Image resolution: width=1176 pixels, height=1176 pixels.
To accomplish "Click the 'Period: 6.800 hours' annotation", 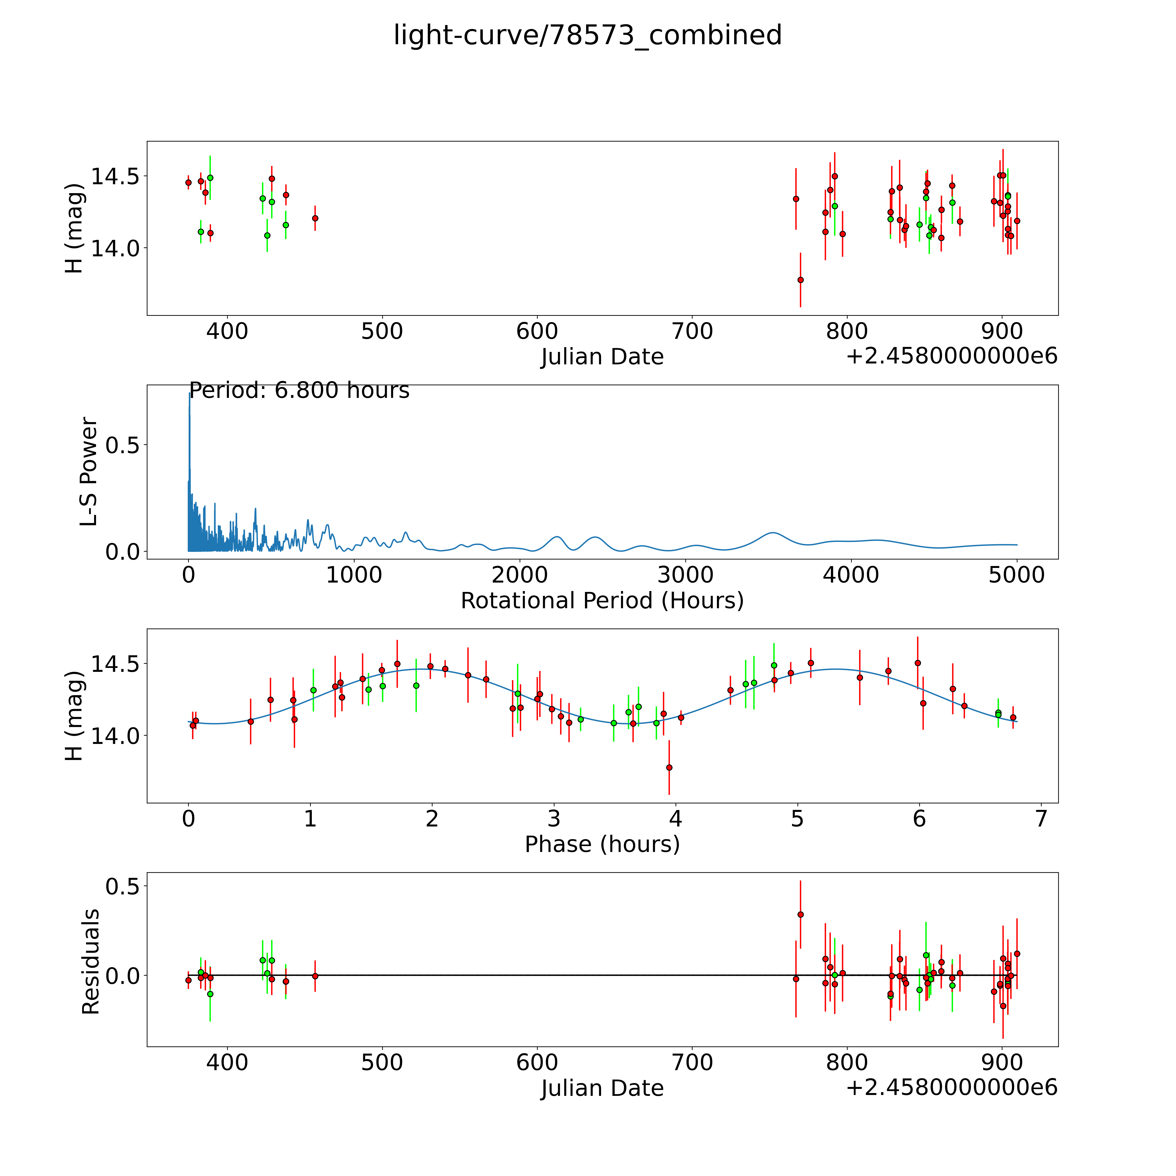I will click(x=299, y=390).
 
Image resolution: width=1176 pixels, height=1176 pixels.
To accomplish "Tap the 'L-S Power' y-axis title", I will click(x=89, y=472).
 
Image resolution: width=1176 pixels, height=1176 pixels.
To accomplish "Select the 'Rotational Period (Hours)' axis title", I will click(x=602, y=601).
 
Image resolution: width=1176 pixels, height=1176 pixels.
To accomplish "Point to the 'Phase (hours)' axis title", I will click(x=602, y=844).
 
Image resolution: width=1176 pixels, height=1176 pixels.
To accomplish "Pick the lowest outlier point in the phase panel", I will click(x=669, y=768).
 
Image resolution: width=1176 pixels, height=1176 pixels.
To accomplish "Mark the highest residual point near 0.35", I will click(x=800, y=914).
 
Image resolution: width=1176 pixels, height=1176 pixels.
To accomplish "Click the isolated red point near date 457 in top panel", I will click(x=315, y=218).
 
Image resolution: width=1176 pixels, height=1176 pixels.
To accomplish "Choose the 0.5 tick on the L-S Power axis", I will click(x=122, y=445).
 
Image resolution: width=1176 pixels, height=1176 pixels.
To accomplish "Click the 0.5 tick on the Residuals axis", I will click(x=122, y=886).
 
